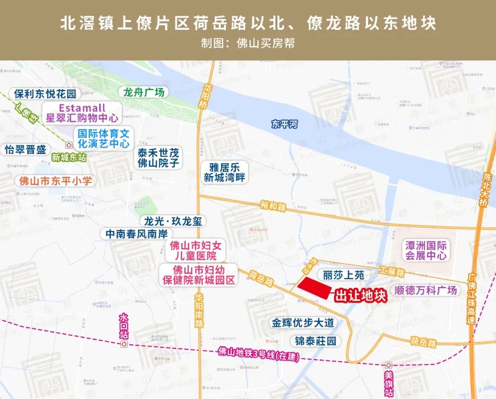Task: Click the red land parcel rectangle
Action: [x=315, y=288]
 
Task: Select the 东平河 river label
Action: [x=285, y=124]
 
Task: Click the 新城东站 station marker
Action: [x=68, y=144]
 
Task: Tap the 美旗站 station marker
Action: [x=389, y=365]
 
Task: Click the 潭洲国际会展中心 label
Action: [x=426, y=250]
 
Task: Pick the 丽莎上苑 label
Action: [x=344, y=275]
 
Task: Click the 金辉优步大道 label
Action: [x=304, y=323]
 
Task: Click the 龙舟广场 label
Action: [x=143, y=92]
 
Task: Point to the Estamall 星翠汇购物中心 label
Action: [x=82, y=113]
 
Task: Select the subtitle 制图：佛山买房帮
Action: [x=248, y=43]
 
